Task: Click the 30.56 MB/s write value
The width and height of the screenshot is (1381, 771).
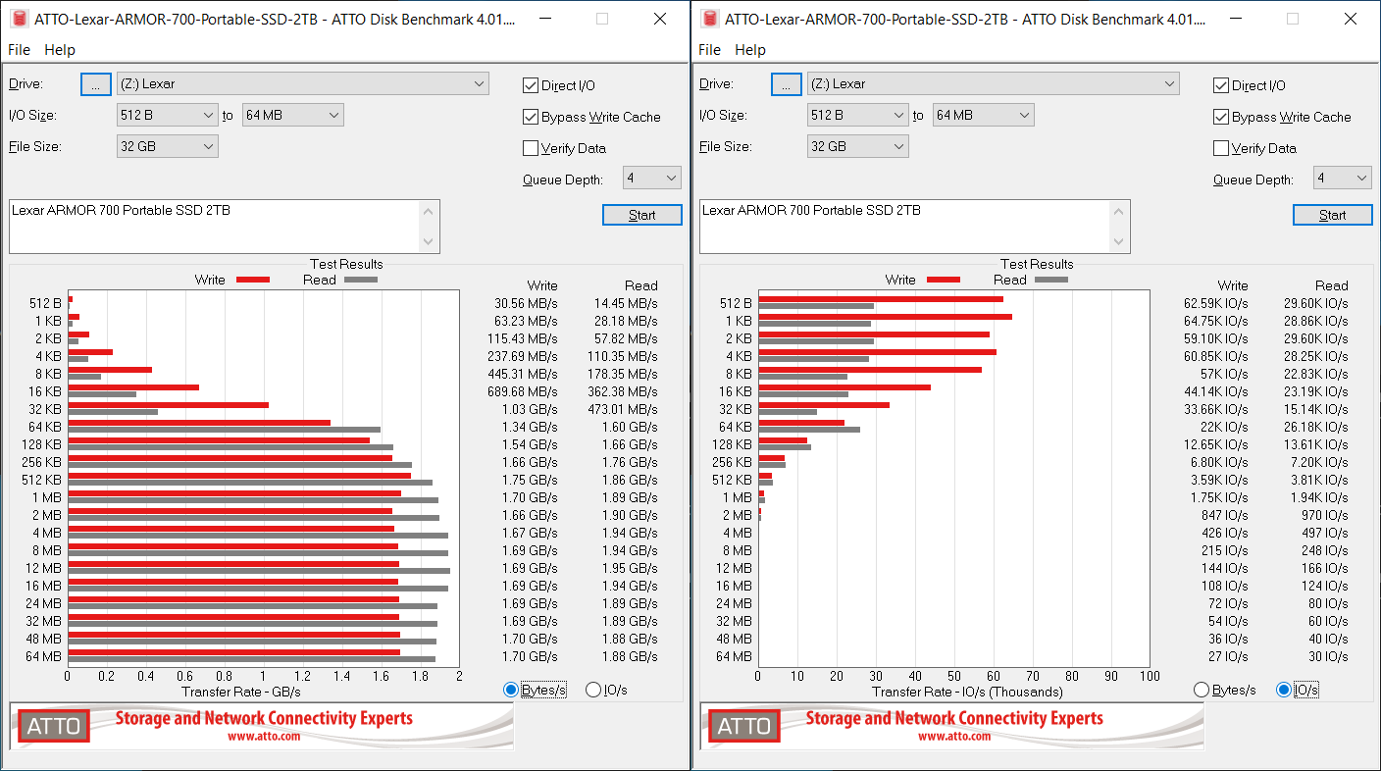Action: [526, 303]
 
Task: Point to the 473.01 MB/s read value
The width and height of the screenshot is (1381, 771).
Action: [625, 409]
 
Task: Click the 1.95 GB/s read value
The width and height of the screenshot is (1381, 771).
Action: [629, 568]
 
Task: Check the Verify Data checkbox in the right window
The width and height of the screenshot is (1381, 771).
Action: [1221, 148]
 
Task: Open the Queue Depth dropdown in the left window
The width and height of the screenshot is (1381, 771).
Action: [652, 178]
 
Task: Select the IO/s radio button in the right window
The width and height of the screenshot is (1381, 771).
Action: [1284, 690]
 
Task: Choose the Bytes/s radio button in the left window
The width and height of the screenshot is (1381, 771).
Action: [511, 690]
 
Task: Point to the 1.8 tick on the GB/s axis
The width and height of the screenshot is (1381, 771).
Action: [420, 676]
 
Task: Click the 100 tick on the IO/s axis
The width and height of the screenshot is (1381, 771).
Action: [1150, 676]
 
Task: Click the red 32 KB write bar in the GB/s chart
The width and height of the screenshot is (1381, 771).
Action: [168, 404]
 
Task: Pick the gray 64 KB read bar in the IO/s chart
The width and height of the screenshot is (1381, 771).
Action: [808, 430]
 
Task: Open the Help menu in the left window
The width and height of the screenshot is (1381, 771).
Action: [60, 49]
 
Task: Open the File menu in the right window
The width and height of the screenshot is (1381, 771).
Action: [709, 49]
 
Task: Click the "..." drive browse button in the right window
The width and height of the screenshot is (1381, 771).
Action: [786, 84]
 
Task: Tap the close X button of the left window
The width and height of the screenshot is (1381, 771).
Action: [660, 19]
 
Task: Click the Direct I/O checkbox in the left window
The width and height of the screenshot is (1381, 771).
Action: [531, 85]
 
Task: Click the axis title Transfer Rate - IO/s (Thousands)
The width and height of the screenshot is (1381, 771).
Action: [967, 692]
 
